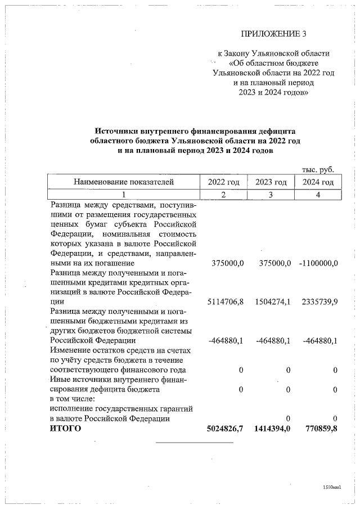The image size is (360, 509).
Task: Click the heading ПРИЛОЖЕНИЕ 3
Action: pyautogui.click(x=273, y=34)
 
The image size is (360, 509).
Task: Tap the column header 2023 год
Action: pyautogui.click(x=271, y=182)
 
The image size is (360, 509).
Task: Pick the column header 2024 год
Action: pyautogui.click(x=318, y=182)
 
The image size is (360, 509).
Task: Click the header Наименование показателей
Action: pyautogui.click(x=122, y=182)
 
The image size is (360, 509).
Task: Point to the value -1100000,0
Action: pyautogui.click(x=318, y=263)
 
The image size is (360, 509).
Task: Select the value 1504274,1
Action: pyautogui.click(x=272, y=301)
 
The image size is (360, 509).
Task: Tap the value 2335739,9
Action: pyautogui.click(x=319, y=301)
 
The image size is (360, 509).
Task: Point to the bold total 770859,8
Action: pyautogui.click(x=319, y=429)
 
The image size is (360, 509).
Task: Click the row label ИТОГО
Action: pyautogui.click(x=65, y=429)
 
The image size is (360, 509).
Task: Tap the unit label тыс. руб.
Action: pyautogui.click(x=318, y=169)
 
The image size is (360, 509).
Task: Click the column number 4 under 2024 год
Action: pyautogui.click(x=318, y=195)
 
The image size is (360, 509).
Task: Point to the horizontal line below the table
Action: pyautogui.click(x=194, y=443)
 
